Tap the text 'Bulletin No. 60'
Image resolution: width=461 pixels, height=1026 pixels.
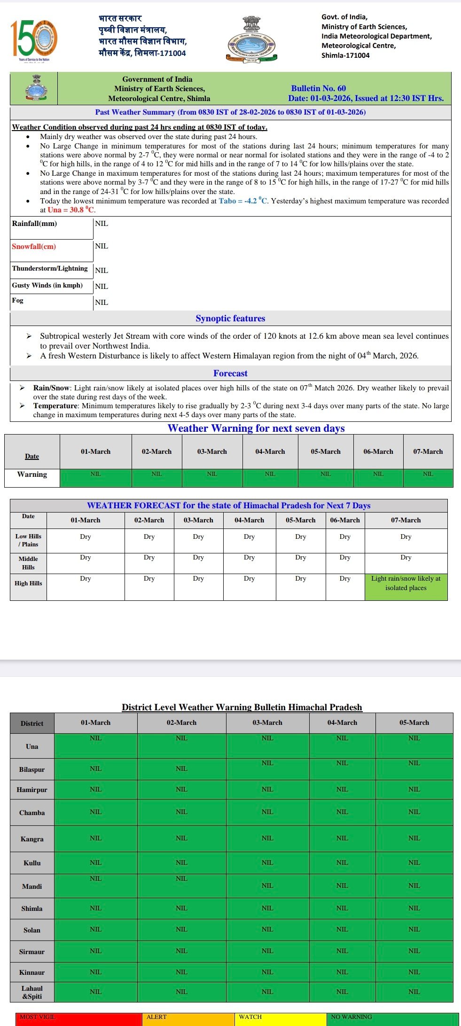(x=318, y=88)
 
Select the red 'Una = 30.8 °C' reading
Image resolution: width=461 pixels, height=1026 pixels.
(x=70, y=210)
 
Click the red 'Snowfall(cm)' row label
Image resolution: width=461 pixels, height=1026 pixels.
(x=34, y=247)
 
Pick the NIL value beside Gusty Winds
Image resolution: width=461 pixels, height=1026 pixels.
(x=102, y=287)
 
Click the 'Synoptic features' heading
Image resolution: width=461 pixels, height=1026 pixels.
(x=230, y=319)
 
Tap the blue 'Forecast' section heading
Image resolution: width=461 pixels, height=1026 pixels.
(x=230, y=373)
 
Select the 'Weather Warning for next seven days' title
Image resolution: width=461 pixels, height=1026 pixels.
(x=256, y=428)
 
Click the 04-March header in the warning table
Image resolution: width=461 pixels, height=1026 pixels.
(x=270, y=451)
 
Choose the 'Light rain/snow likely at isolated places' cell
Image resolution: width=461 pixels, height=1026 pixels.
(x=406, y=583)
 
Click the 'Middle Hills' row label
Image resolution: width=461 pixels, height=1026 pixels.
(x=28, y=563)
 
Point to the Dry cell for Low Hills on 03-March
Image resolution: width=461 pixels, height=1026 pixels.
(x=198, y=536)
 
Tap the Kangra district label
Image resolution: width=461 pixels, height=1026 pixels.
(x=32, y=839)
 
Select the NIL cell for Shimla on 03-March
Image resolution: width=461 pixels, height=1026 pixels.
(x=267, y=908)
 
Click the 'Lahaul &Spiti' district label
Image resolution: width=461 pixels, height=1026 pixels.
(x=32, y=992)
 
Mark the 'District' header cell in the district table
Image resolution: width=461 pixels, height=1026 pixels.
(x=32, y=723)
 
